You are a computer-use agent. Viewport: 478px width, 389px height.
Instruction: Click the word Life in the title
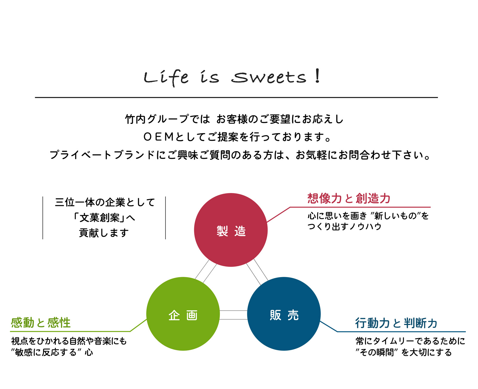(x=166, y=78)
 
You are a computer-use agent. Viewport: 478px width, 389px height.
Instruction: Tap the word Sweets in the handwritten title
(x=269, y=78)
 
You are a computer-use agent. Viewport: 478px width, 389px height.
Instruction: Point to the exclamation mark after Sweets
(x=317, y=76)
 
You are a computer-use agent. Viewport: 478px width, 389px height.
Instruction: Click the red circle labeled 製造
(x=231, y=230)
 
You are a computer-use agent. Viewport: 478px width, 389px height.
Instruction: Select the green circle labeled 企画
(x=183, y=314)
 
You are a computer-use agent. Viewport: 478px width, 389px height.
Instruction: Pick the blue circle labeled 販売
(x=284, y=314)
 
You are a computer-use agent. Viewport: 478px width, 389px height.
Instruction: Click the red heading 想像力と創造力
(x=349, y=198)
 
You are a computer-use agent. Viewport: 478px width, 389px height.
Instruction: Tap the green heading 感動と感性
(x=41, y=323)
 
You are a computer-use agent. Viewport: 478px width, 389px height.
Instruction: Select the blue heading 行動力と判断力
(x=396, y=323)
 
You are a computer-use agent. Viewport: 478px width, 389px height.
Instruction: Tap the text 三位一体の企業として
(x=105, y=202)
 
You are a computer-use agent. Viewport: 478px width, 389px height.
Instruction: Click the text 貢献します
(x=104, y=233)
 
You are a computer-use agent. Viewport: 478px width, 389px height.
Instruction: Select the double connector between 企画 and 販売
(x=233, y=315)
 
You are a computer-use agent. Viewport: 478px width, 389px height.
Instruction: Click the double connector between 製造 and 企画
(x=206, y=271)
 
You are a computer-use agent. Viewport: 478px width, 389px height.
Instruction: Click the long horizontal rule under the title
(x=236, y=98)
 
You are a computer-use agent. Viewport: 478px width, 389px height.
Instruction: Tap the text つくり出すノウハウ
(x=344, y=227)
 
